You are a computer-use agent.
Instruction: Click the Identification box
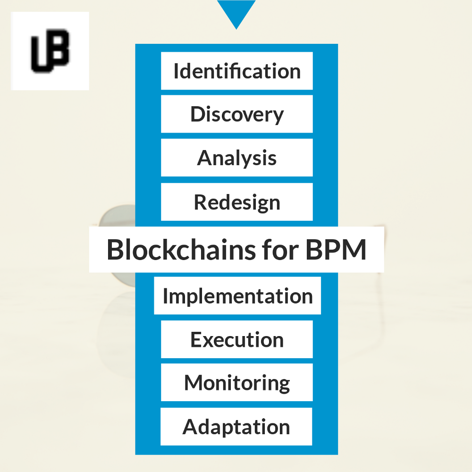click(x=237, y=71)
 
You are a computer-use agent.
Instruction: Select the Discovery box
click(x=237, y=114)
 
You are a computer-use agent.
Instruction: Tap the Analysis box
click(x=237, y=158)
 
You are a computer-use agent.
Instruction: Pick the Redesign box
click(x=237, y=202)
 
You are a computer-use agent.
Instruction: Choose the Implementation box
click(x=237, y=295)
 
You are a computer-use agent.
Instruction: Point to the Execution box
click(x=237, y=339)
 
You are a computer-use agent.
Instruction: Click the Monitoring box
click(x=237, y=382)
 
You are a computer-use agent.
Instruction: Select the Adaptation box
click(x=236, y=427)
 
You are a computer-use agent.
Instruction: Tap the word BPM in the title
click(x=336, y=250)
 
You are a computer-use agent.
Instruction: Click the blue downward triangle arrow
click(x=236, y=12)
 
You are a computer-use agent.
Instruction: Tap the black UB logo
click(x=51, y=51)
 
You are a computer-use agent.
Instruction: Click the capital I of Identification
click(x=176, y=71)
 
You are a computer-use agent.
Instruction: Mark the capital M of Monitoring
click(x=194, y=383)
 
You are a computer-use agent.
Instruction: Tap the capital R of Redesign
click(x=200, y=202)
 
